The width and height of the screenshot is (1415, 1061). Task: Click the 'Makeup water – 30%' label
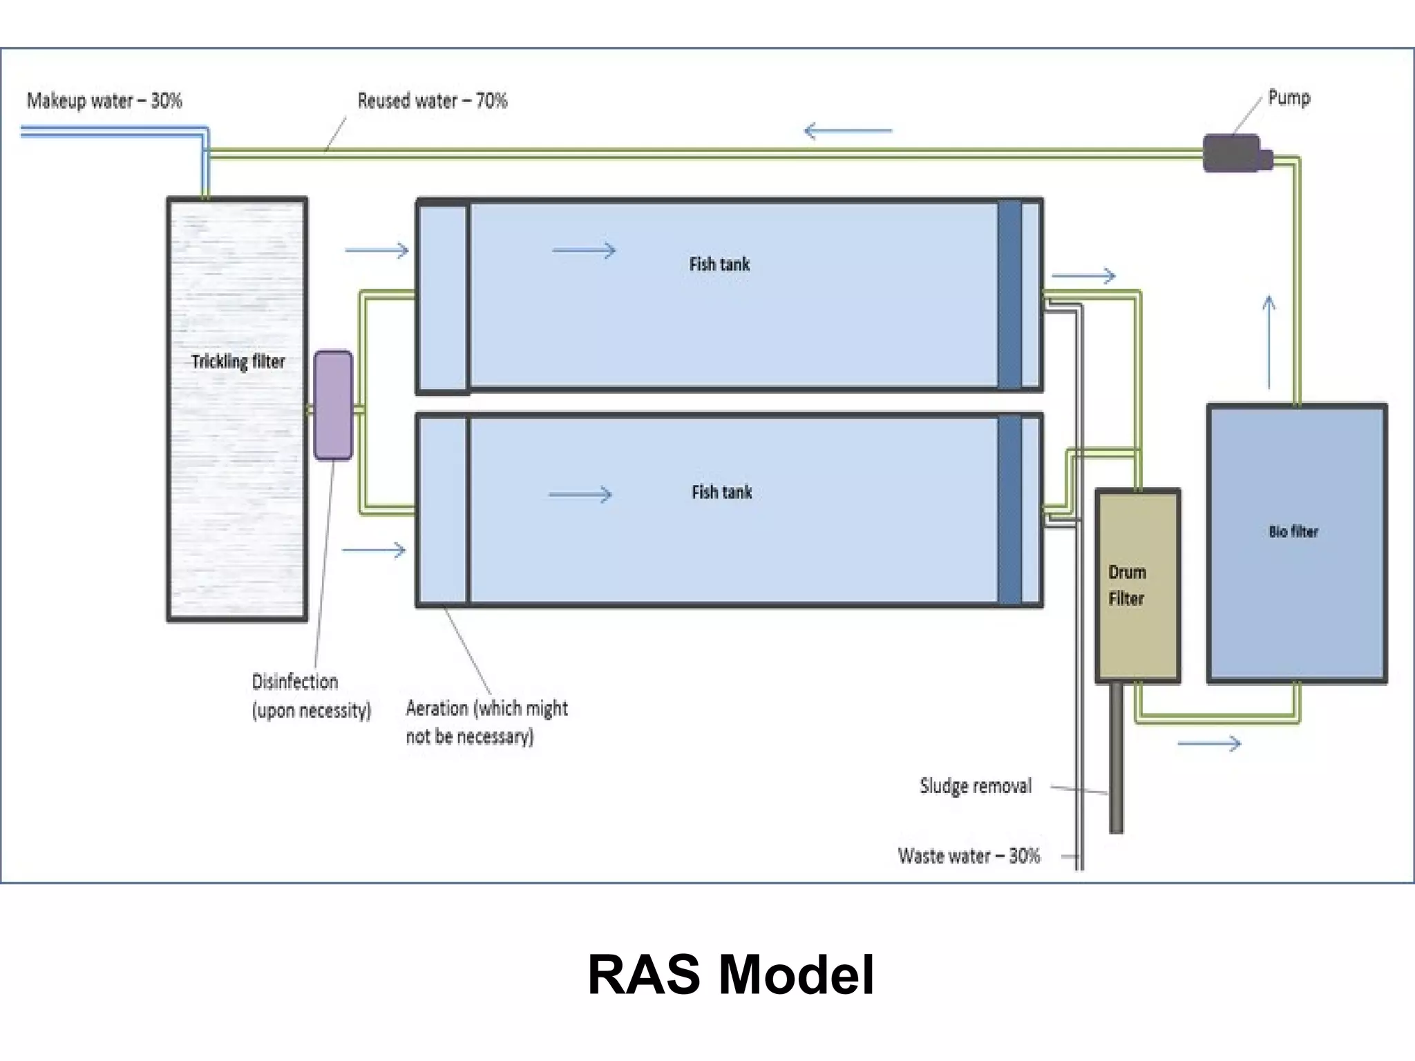104,101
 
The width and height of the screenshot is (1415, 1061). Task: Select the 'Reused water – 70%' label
433,101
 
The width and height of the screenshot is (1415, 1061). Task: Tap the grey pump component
1233,153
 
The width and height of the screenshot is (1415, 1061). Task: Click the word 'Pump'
1289,97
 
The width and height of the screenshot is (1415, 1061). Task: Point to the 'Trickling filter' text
238,361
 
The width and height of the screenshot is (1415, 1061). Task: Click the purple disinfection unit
333,405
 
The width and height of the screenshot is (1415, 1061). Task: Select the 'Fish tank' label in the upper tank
719,264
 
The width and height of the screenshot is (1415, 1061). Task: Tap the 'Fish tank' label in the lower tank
721,492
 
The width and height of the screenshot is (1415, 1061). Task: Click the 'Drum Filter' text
1127,585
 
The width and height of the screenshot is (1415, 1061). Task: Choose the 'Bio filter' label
1293,531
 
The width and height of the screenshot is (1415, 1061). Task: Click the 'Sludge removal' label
976,786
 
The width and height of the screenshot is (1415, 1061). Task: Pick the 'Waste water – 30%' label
969,856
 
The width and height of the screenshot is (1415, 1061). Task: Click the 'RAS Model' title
730,975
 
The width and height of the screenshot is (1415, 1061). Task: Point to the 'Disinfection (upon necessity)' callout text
310,696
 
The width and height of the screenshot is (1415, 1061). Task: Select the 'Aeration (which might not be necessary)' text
486,722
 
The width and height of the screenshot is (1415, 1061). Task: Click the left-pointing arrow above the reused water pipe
848,131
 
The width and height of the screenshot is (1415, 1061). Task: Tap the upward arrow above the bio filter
1269,342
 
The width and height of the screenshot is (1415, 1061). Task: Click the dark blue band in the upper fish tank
1009,295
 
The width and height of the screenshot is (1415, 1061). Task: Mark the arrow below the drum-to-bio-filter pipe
1209,744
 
